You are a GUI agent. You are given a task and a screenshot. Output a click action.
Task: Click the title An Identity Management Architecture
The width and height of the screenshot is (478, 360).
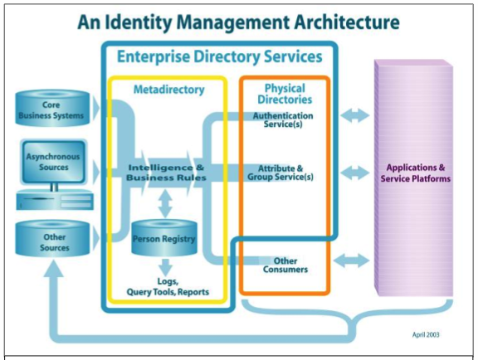point(238,22)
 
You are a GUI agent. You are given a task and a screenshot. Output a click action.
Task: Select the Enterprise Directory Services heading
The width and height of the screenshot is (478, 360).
point(219,56)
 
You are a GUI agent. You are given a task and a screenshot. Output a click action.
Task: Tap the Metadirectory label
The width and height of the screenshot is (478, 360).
point(169,90)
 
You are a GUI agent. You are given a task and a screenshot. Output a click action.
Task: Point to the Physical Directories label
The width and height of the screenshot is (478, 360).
point(285,94)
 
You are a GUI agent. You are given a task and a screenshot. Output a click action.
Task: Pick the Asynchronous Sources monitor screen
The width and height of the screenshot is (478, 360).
point(53,162)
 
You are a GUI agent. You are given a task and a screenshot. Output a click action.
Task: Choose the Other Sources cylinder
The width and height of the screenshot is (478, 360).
point(52,239)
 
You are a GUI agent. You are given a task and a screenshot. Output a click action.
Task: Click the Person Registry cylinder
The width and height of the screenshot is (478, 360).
point(164,237)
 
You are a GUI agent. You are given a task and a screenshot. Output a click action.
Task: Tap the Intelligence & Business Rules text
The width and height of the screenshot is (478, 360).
point(166,173)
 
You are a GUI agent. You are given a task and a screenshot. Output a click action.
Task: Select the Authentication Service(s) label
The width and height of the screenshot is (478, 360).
point(283,119)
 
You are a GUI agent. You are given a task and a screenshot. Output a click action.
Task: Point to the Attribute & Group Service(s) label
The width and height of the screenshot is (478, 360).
point(280,173)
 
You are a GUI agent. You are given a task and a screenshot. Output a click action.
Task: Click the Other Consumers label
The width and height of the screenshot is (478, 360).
point(285,265)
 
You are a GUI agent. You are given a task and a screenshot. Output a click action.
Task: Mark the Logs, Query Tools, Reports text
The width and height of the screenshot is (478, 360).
point(168,286)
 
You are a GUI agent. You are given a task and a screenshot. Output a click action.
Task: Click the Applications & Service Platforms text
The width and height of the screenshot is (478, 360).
point(416,173)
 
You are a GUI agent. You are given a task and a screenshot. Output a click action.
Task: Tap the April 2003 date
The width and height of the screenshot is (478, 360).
point(426,334)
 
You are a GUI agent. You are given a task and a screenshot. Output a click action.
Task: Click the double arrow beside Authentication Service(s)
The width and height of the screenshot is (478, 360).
point(355,116)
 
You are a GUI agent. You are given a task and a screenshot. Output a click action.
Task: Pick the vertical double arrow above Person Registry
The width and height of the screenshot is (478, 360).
point(165,203)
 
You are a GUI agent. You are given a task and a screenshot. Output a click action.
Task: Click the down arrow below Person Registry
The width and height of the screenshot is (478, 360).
point(165,267)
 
